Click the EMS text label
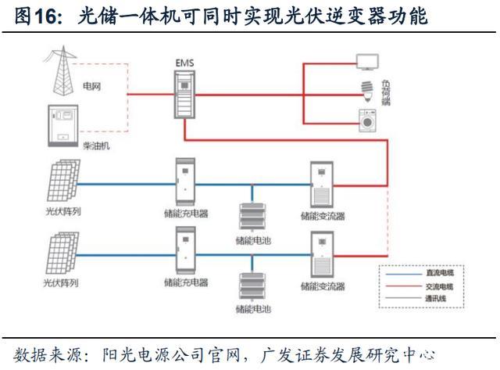[184, 60]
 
